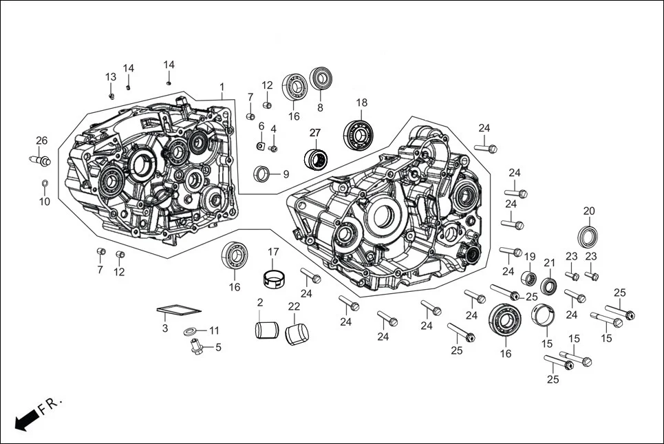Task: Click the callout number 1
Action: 222,87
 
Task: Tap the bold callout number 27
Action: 314,132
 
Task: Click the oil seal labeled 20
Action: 588,235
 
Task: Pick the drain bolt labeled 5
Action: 197,347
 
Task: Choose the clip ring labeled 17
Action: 274,279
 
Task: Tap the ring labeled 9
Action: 263,174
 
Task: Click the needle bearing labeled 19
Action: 529,278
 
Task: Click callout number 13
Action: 110,76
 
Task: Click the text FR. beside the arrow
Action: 50,405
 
